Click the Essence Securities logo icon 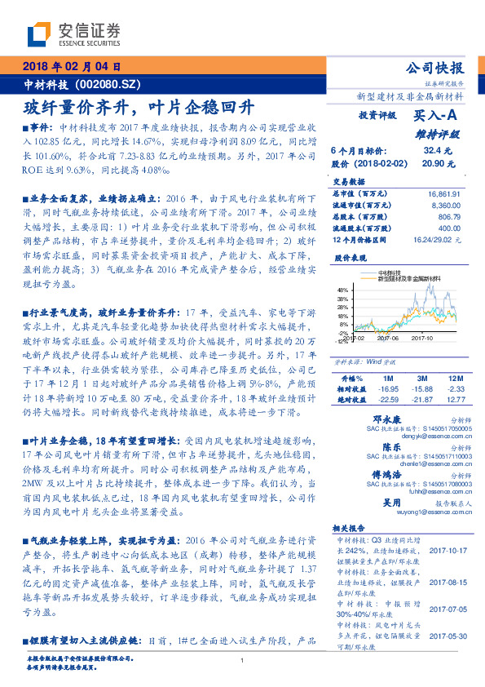[39, 35]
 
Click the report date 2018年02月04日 [73, 68]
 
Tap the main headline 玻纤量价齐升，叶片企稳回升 [139, 107]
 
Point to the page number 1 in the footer [243, 662]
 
